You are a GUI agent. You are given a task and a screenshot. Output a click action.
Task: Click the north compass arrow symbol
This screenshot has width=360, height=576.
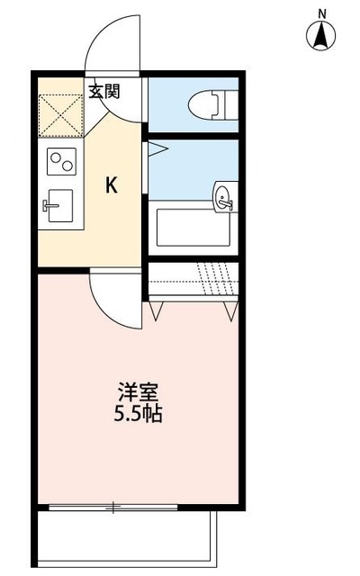click(x=319, y=37)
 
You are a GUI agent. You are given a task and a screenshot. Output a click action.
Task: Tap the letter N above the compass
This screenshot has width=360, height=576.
click(x=319, y=13)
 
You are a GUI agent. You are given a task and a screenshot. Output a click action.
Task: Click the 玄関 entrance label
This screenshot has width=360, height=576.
click(x=103, y=90)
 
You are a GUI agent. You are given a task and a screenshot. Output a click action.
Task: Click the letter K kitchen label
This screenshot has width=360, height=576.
click(x=112, y=186)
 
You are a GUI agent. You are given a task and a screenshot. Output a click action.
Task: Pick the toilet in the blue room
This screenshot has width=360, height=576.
click(x=209, y=106)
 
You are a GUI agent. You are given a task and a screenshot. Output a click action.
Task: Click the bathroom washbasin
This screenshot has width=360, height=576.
click(x=224, y=198)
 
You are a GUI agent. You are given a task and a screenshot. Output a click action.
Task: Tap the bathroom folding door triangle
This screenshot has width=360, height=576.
click(x=157, y=147)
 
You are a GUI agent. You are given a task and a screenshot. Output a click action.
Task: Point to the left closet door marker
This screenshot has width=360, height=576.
click(x=158, y=310)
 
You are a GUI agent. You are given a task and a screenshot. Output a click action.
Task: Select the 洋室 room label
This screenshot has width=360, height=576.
click(x=139, y=393)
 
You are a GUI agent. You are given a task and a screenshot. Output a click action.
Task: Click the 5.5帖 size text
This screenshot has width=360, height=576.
click(x=139, y=416)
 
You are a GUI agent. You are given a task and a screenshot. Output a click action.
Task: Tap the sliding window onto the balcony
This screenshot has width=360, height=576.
click(x=113, y=507)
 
